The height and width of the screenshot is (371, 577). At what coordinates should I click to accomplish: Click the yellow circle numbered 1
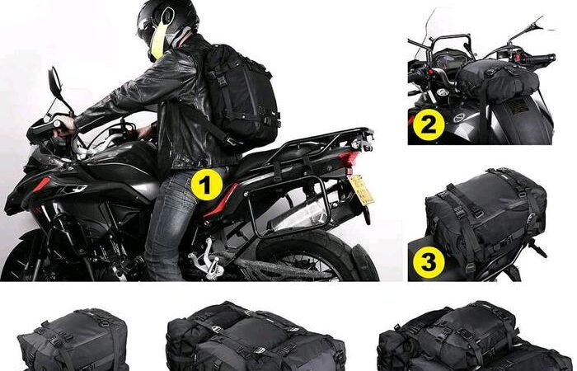207,185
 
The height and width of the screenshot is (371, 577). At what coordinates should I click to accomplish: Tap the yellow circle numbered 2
429,124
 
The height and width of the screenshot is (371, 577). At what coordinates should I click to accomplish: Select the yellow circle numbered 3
429,262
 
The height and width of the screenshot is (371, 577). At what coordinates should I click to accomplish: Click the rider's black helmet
167,26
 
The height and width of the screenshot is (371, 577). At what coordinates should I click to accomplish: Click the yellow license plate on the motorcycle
361,190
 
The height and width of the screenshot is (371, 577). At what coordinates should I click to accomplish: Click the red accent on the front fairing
41,185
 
